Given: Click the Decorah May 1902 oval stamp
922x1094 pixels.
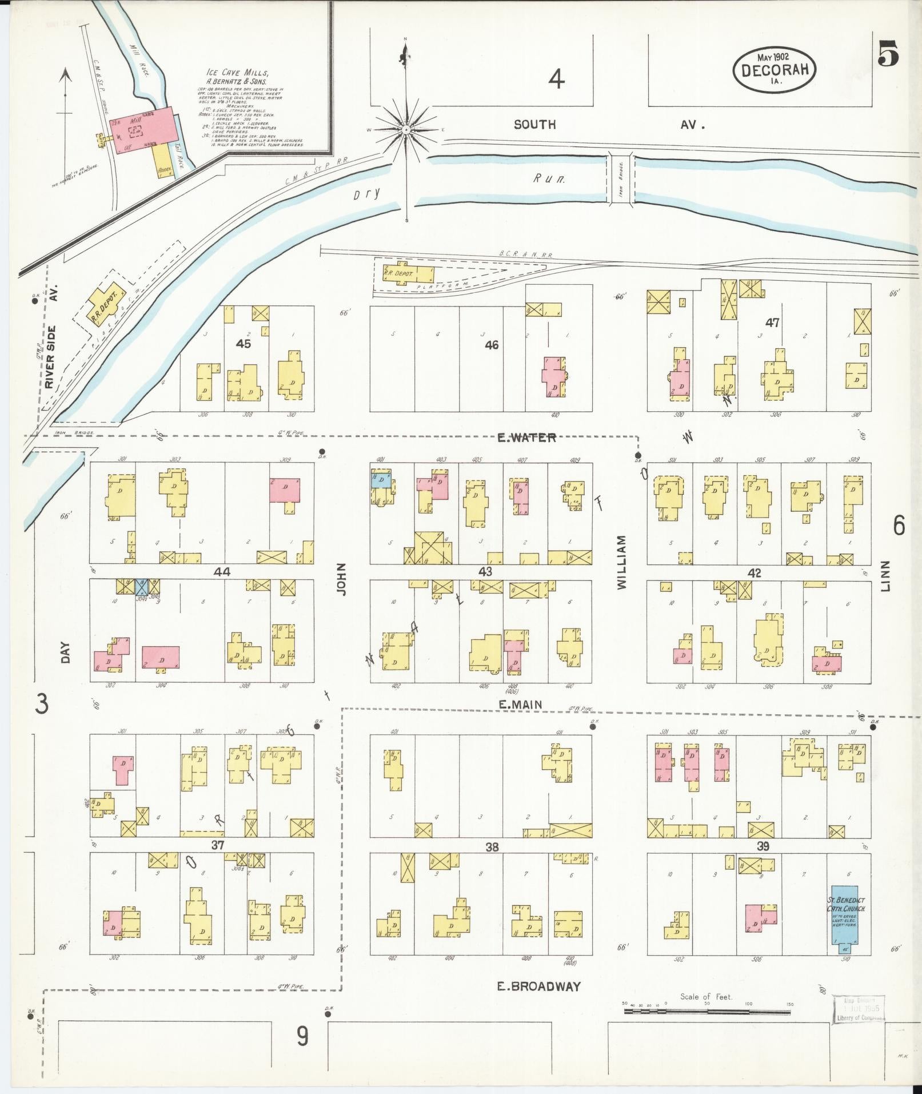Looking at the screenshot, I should click(x=775, y=69).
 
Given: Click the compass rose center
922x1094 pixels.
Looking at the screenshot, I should click(x=406, y=130).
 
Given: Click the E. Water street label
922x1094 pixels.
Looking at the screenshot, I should click(x=526, y=438).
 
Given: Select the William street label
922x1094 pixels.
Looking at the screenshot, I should click(x=622, y=562).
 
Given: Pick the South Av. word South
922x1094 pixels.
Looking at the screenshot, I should click(x=534, y=125).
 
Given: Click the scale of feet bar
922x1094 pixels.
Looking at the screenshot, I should click(x=707, y=1012).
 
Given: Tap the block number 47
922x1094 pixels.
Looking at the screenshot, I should click(x=772, y=323).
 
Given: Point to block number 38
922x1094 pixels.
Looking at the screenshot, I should click(x=492, y=847).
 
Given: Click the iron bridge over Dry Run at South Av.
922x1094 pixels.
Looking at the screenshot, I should click(x=620, y=177).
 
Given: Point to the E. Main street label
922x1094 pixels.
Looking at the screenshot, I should click(x=520, y=705).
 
